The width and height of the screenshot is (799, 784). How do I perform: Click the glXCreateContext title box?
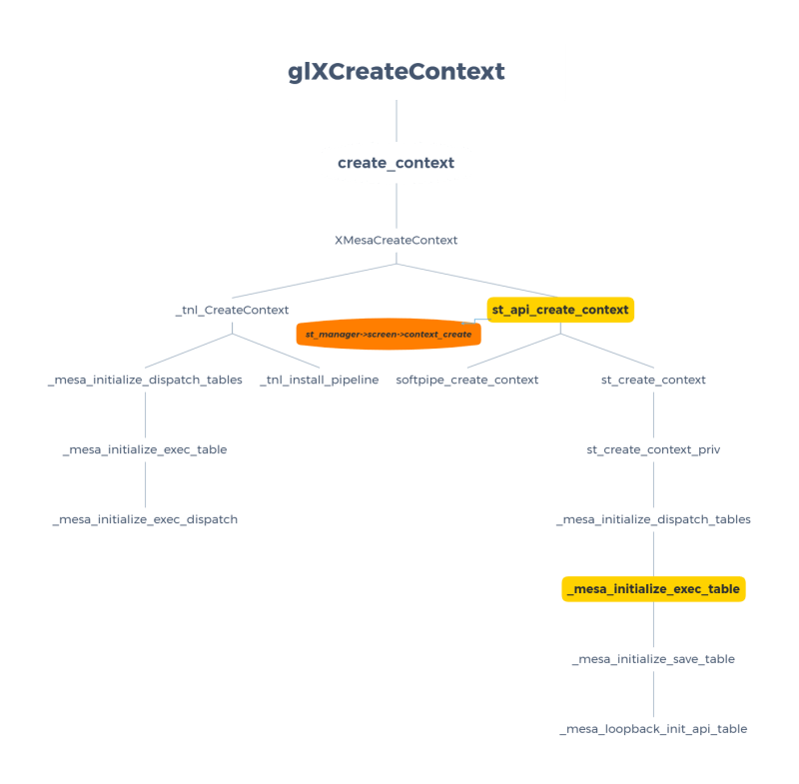(397, 72)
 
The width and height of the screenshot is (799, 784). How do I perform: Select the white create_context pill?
(396, 163)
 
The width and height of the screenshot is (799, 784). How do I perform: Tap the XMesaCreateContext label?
(396, 241)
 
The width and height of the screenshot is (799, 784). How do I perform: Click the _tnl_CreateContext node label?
(232, 311)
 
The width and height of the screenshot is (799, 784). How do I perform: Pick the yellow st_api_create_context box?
(560, 310)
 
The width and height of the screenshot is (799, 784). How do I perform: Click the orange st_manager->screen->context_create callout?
(389, 334)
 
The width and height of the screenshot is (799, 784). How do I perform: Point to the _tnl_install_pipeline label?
(320, 381)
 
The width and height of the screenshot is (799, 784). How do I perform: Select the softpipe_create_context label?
(466, 381)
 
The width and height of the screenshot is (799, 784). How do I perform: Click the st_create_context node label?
(653, 381)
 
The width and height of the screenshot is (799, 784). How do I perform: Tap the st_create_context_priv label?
(653, 450)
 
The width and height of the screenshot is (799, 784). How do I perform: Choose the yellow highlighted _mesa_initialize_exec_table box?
(653, 589)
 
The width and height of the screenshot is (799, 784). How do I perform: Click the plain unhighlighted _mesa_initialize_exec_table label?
(145, 450)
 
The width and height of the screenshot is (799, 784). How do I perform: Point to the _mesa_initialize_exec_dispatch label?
(145, 520)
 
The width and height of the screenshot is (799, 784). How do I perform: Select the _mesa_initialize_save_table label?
(653, 659)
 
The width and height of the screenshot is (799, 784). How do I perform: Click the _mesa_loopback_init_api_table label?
(653, 729)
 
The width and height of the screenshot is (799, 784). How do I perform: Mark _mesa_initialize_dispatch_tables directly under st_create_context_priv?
(653, 520)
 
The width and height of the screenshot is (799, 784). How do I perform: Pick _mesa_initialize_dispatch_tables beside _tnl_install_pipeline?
(145, 381)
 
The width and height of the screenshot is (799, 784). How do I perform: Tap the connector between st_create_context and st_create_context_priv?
(653, 415)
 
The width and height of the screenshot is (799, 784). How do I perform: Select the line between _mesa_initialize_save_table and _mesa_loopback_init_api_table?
(653, 694)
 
